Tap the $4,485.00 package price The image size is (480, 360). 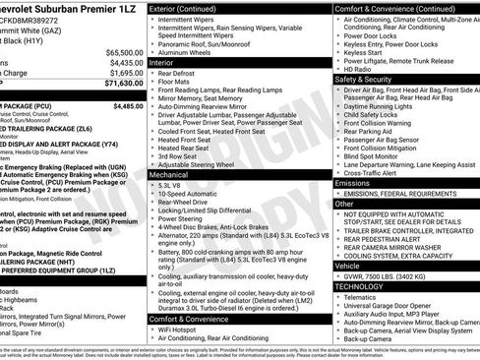click(122, 105)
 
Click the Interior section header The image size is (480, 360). click(162, 62)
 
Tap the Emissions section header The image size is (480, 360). click(352, 183)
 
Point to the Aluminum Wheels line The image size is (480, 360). click(192, 51)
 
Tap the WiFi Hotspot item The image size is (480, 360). click(186, 328)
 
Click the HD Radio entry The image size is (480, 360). click(358, 69)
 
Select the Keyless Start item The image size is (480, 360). click(365, 51)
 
